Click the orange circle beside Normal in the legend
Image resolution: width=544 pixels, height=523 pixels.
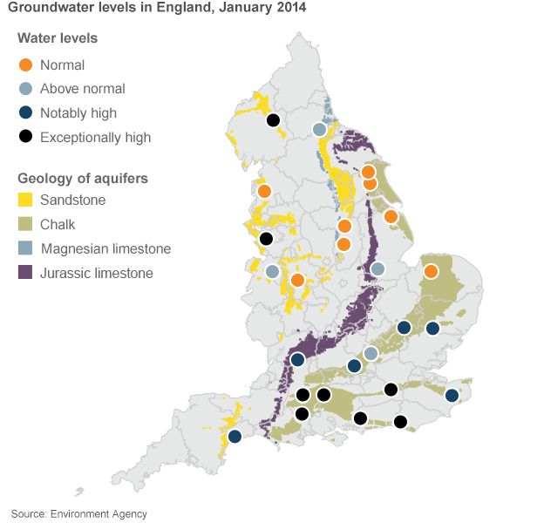point(26,65)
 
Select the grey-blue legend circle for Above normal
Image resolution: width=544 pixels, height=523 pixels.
point(26,88)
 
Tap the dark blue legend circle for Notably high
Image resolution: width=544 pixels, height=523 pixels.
point(26,112)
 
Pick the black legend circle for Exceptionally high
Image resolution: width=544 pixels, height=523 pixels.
point(26,136)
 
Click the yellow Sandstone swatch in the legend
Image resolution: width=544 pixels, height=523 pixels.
point(26,200)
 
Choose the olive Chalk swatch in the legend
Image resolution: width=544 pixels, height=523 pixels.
point(26,224)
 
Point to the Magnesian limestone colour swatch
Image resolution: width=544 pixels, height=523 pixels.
point(26,248)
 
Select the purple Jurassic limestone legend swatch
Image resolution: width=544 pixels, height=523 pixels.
point(26,273)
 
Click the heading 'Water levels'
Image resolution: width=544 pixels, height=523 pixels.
point(58,38)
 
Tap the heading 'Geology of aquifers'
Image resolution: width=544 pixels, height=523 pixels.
point(83,178)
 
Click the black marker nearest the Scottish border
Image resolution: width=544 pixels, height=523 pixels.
point(273,120)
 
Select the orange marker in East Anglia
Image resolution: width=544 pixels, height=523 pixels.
point(431,271)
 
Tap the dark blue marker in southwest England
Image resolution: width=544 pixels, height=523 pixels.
point(235,436)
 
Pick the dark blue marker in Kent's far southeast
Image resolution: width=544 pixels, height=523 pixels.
point(452,396)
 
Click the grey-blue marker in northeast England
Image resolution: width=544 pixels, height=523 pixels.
point(320,129)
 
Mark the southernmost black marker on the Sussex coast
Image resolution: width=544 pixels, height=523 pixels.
point(400,422)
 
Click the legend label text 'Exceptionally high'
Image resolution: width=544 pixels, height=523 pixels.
point(95,137)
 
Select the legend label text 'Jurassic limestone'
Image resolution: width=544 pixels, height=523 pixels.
point(96,273)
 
